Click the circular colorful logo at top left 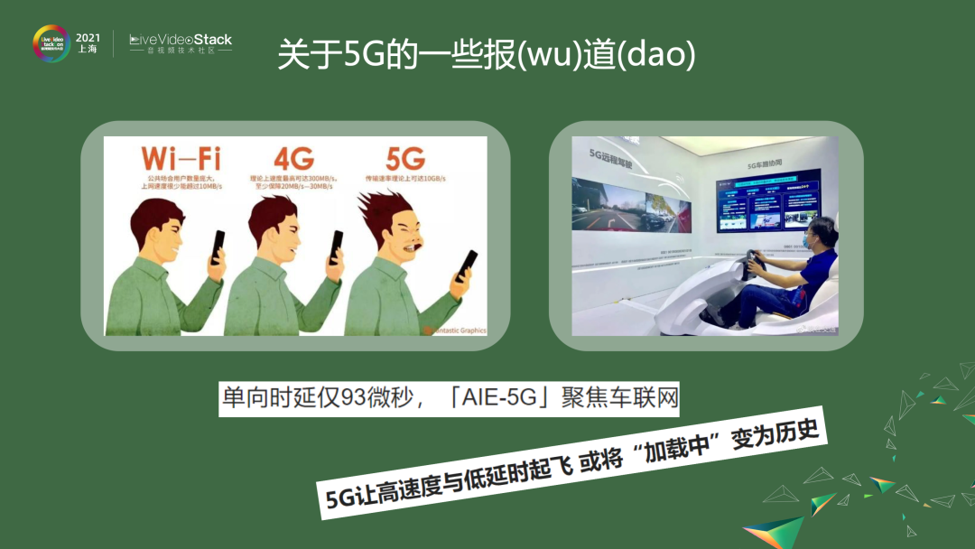coord(51,43)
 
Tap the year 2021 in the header coord(88,37)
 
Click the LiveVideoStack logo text coord(181,39)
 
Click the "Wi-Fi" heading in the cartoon coord(181,159)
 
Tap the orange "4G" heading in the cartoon coord(293,159)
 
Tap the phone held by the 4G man coord(336,247)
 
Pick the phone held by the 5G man coord(467,262)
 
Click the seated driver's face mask coord(806,243)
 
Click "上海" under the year coord(88,51)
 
